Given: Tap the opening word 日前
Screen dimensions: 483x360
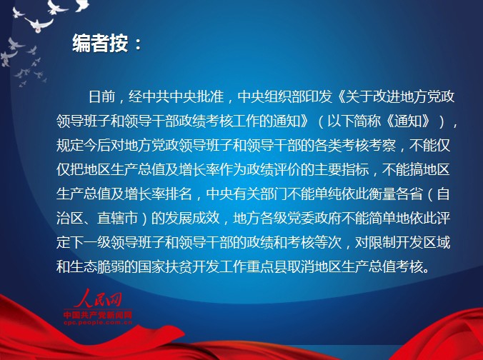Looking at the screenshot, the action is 102,96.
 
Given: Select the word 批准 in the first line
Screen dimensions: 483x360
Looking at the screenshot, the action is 210,96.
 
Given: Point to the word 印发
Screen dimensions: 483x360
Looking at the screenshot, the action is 319,96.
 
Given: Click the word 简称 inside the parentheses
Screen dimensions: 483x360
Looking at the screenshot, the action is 367,121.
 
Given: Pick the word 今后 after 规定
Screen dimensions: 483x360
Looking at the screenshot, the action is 96,145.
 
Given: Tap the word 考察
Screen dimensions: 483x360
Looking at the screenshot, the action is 382,145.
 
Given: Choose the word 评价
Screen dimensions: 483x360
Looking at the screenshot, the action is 287,170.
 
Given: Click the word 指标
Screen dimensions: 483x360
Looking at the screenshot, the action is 354,170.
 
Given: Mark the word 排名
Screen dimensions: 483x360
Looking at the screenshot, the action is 179,194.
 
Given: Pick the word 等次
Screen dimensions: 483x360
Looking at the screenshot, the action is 327,243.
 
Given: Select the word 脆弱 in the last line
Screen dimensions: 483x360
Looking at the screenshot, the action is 110,266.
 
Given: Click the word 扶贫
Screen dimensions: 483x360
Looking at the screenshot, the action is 179,266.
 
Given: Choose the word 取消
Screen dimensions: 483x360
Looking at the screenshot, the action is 300,266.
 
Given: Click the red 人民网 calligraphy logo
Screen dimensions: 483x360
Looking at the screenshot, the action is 98,299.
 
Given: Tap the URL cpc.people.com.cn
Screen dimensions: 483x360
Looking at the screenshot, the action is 98,322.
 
